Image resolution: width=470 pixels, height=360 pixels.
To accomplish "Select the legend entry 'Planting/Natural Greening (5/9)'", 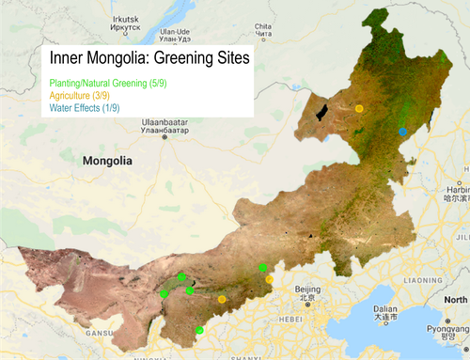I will [103, 84].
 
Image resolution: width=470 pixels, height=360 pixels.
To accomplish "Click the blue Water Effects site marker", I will [403, 132].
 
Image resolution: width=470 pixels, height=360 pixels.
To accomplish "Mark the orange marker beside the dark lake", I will [359, 110].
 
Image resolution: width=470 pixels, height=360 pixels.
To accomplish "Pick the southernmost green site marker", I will [199, 330].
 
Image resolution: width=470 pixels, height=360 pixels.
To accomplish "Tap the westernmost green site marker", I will [164, 294].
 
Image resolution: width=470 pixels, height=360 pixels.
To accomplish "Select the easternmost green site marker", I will [263, 269].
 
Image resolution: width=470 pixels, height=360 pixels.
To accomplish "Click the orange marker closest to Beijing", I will [270, 279].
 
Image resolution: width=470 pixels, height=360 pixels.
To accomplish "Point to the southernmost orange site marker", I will [222, 299].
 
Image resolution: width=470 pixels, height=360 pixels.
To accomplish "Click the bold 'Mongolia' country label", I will [107, 161].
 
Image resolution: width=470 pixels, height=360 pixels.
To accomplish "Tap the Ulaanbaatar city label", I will [164, 126].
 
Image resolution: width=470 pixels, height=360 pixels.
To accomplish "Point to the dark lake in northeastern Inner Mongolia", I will [323, 114].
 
